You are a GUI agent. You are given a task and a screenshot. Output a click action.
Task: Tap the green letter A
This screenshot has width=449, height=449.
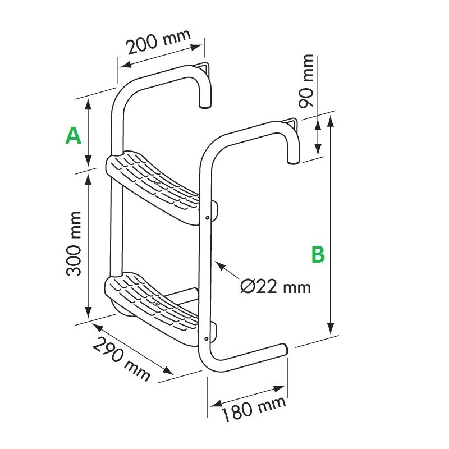pyautogui.click(x=74, y=136)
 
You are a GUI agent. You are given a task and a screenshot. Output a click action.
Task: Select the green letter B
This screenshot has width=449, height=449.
pyautogui.click(x=318, y=254)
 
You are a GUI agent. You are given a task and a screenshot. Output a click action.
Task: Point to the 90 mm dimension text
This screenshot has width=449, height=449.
pyautogui.click(x=307, y=81)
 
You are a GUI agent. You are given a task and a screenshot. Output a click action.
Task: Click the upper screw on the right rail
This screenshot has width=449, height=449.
pyautogui.click(x=208, y=217)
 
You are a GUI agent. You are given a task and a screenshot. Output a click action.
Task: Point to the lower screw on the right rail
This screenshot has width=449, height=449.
pyautogui.click(x=207, y=338)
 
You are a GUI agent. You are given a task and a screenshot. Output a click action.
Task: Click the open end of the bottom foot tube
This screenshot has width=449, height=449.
pyautogui.click(x=287, y=349)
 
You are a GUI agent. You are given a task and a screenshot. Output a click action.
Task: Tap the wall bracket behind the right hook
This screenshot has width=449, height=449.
pyautogui.click(x=292, y=124)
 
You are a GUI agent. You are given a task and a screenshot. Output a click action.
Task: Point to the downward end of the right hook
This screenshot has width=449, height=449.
pyautogui.click(x=293, y=162)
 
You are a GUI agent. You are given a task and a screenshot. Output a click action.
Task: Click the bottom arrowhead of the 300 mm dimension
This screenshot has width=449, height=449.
pyautogui.click(x=88, y=317)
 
